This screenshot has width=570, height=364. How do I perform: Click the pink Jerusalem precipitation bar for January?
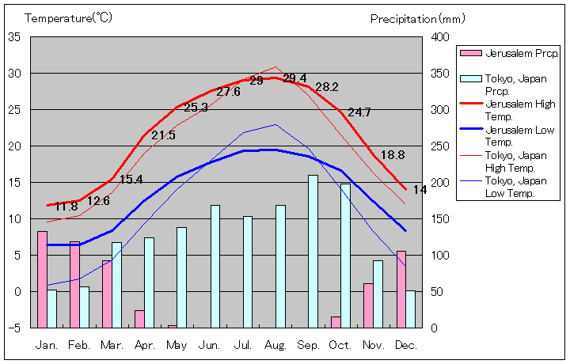click(42, 279)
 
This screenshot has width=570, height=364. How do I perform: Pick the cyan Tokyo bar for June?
click(215, 266)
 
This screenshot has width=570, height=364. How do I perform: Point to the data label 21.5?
click(163, 135)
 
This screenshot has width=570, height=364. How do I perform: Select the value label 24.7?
click(359, 112)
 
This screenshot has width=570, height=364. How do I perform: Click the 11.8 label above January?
click(66, 207)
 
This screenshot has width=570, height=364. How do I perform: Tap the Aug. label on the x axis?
click(275, 345)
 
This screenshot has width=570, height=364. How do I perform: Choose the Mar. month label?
click(112, 345)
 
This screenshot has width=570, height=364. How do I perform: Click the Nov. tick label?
click(374, 345)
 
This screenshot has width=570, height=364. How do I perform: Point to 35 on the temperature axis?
click(15, 37)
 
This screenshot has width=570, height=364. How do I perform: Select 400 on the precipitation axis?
click(440, 37)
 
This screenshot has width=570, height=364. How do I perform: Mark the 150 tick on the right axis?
click(440, 219)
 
